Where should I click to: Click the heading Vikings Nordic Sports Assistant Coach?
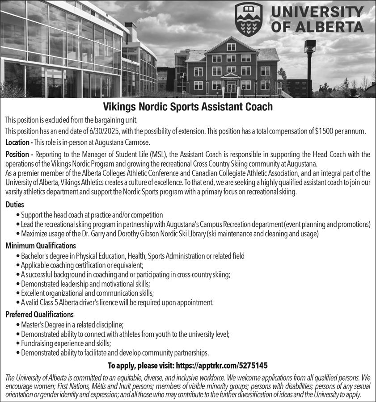188,108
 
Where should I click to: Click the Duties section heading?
15,205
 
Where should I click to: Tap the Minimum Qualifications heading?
40,246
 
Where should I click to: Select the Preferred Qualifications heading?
39,314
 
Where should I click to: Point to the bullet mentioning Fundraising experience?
66,343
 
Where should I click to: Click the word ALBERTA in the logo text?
317,27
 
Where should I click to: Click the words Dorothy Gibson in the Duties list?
155,234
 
